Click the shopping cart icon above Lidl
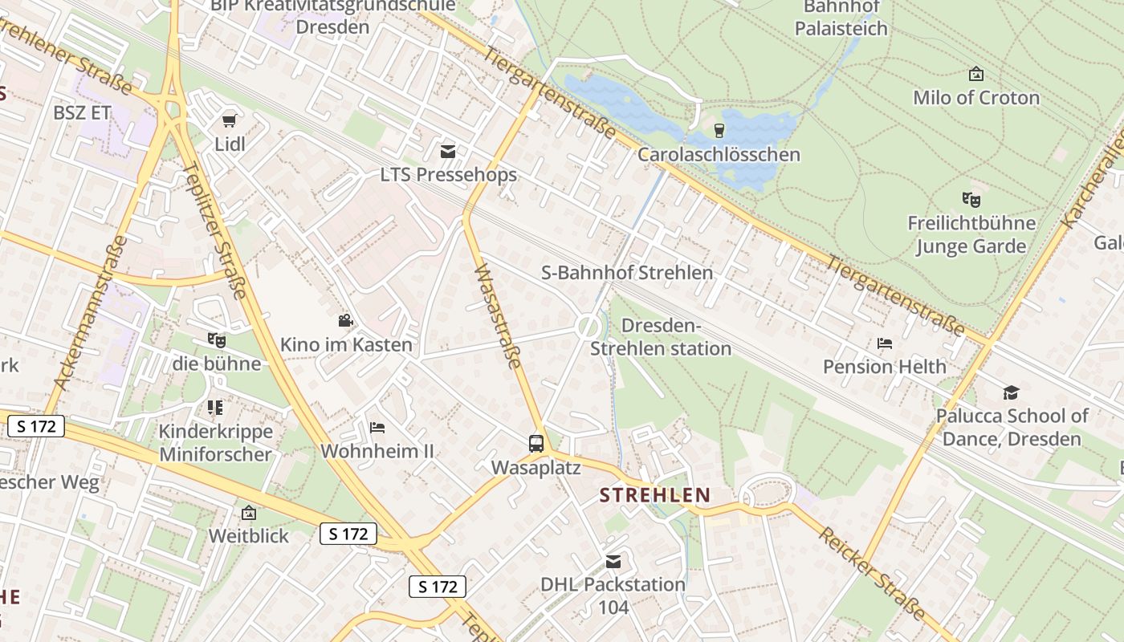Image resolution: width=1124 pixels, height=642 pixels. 230,121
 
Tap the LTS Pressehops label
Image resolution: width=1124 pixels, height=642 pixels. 448,174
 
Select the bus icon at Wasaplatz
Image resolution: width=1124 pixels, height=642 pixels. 536,443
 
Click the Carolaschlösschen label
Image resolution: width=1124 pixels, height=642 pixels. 719,154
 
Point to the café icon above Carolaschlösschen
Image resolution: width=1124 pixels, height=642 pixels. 719,130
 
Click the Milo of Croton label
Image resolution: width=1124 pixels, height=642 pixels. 976,98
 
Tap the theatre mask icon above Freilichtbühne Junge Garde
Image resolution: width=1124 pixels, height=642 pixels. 971,198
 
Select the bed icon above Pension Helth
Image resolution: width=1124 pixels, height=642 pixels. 885,343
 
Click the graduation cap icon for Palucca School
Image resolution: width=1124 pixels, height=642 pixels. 1011,392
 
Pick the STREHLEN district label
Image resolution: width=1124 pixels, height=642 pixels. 655,495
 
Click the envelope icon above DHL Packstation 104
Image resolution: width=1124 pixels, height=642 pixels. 613,561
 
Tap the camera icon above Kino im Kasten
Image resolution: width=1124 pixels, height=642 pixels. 345,321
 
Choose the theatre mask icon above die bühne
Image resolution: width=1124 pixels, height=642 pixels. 216,340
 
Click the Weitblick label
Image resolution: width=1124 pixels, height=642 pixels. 248,535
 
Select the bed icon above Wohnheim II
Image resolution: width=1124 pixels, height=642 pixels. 377,428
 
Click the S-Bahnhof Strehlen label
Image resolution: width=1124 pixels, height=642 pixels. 627,273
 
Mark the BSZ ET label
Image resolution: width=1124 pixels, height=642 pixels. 82,113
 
